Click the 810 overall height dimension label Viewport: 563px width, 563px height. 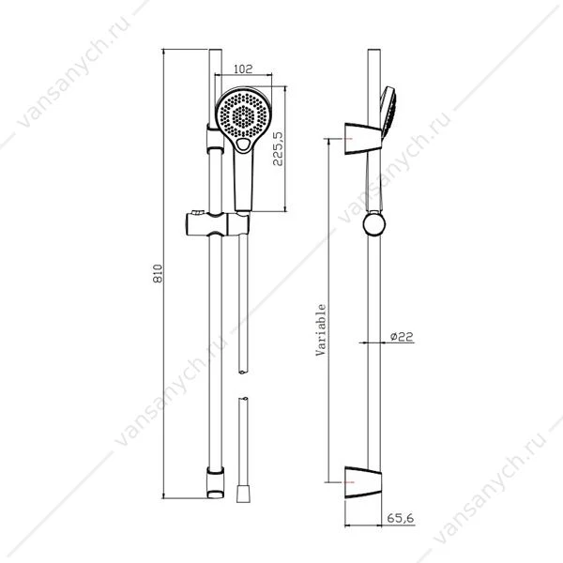click(x=158, y=274)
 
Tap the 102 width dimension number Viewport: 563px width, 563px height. click(x=243, y=68)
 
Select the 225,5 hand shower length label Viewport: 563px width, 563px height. click(x=278, y=148)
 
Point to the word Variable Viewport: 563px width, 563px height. click(x=321, y=329)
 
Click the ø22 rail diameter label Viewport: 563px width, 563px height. click(x=402, y=337)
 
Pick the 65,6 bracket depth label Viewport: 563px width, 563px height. click(x=401, y=518)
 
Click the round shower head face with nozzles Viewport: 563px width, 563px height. click(x=243, y=114)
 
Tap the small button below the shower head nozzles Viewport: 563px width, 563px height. click(x=243, y=145)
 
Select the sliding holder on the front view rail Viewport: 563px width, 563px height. click(x=218, y=224)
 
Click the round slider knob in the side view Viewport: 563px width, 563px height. click(x=374, y=224)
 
